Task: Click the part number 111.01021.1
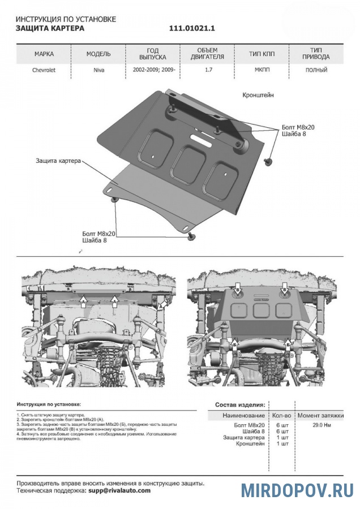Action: tap(192, 28)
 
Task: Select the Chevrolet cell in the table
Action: tap(44, 71)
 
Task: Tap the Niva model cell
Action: tap(98, 71)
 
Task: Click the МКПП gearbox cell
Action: tap(262, 71)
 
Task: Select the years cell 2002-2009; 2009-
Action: tap(153, 71)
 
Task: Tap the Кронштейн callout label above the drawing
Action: tap(258, 96)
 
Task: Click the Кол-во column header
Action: tap(281, 415)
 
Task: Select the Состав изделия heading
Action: tap(240, 405)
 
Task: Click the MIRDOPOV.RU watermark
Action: tap(297, 490)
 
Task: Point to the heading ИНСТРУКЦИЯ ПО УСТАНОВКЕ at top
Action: tap(66, 19)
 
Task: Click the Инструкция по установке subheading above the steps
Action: tap(49, 405)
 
